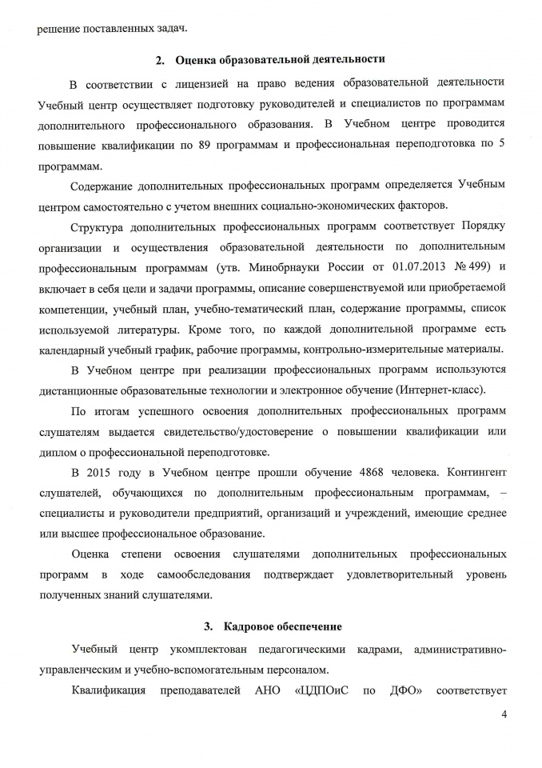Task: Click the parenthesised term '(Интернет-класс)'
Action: click(440, 389)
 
